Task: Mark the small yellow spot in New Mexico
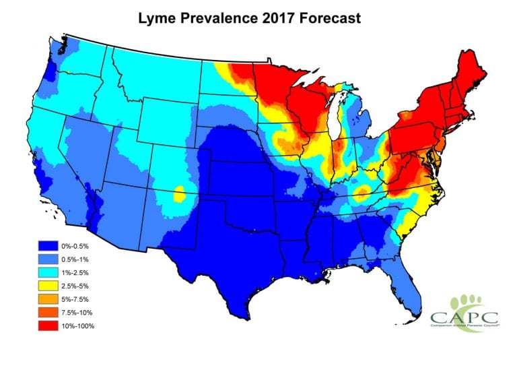click(179, 194)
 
